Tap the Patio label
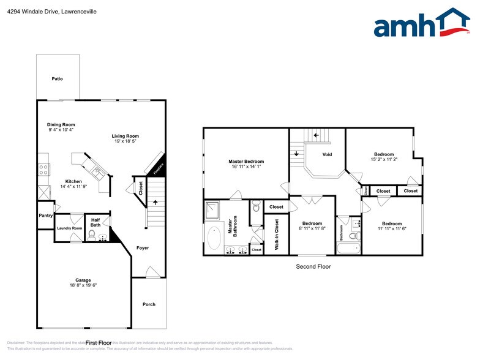coord(57,78)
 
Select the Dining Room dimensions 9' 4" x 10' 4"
coord(61,130)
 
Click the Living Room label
coord(125,136)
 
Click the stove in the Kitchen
coord(43,170)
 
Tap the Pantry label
coord(45,216)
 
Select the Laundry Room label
coord(69,228)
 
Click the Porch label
coord(149,304)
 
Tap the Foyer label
coord(142,248)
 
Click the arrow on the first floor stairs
coord(156,202)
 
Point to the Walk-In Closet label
coord(276,234)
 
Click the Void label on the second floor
coord(327,154)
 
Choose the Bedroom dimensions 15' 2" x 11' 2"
coord(384,159)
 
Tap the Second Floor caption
coord(313,266)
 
